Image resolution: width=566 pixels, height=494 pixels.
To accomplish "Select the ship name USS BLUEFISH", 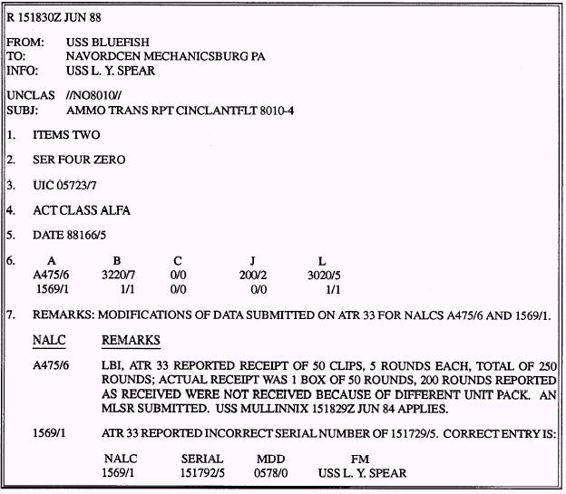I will [108, 42].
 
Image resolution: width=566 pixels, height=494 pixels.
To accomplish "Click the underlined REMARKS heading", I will [132, 341].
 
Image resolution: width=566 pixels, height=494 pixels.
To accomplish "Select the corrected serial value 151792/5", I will [202, 472].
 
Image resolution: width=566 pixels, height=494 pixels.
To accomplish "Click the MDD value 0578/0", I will [271, 472].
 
